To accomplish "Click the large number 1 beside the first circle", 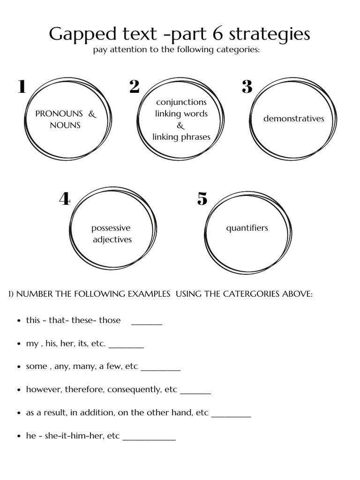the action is pos(22,87).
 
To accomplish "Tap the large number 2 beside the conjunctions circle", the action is pos(134,87).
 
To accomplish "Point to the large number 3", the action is pos(247,87).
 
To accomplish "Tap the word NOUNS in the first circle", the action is pos(65,125).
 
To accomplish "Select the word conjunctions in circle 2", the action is pos(181,102).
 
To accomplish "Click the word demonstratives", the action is pos(293,119).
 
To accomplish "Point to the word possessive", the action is pos(111,228).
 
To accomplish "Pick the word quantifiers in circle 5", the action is pos(247,228).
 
